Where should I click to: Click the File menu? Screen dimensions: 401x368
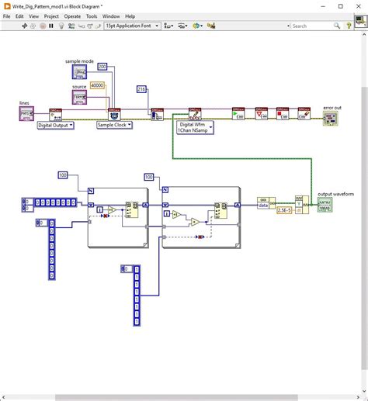(x=8, y=16)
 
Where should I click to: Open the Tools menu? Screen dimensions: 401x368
(x=92, y=16)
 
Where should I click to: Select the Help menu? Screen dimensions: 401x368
(x=130, y=16)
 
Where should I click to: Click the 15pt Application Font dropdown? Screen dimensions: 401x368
(x=133, y=26)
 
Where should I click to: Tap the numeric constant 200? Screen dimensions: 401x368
(x=102, y=67)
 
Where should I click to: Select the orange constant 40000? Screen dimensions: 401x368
(x=98, y=85)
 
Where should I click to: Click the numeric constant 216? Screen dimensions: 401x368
(x=141, y=89)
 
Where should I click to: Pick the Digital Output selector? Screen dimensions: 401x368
(x=55, y=124)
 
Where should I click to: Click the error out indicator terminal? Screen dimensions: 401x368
(x=332, y=119)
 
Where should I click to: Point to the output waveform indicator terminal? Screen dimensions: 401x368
(x=326, y=205)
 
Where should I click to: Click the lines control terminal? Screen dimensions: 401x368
(x=26, y=113)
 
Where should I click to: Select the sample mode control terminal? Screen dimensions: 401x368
(x=80, y=73)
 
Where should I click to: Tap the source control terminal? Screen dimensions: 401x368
(x=80, y=98)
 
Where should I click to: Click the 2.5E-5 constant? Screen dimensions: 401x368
(x=284, y=209)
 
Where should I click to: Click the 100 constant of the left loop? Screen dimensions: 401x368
(x=63, y=175)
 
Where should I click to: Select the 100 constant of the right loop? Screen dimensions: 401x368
(x=148, y=177)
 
